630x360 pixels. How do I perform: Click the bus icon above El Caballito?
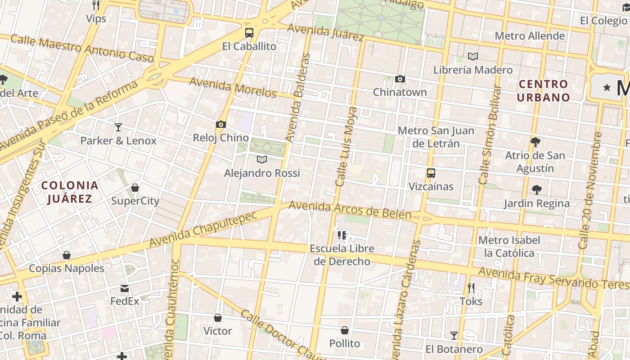[249, 32]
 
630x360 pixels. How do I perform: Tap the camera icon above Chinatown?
[400, 79]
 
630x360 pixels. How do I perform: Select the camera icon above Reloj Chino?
[220, 124]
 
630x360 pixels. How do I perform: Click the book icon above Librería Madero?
[472, 56]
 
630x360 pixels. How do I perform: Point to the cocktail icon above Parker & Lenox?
[118, 127]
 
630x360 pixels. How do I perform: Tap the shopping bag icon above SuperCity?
[135, 188]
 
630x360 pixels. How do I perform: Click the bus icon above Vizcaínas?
[431, 173]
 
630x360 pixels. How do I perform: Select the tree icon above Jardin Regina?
[536, 190]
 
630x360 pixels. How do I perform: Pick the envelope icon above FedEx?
[125, 288]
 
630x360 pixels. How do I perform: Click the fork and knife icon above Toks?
[471, 288]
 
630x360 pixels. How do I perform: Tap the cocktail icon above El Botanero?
[454, 336]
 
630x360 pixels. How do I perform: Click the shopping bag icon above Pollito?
[345, 330]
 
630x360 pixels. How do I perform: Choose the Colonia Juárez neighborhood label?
[70, 192]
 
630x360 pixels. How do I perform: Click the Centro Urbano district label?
[543, 90]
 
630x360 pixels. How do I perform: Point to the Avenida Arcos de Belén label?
[350, 211]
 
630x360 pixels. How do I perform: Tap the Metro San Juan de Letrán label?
[436, 137]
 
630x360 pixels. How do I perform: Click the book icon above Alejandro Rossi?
[261, 159]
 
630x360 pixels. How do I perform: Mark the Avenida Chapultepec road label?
[203, 229]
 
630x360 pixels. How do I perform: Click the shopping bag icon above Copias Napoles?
[67, 255]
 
